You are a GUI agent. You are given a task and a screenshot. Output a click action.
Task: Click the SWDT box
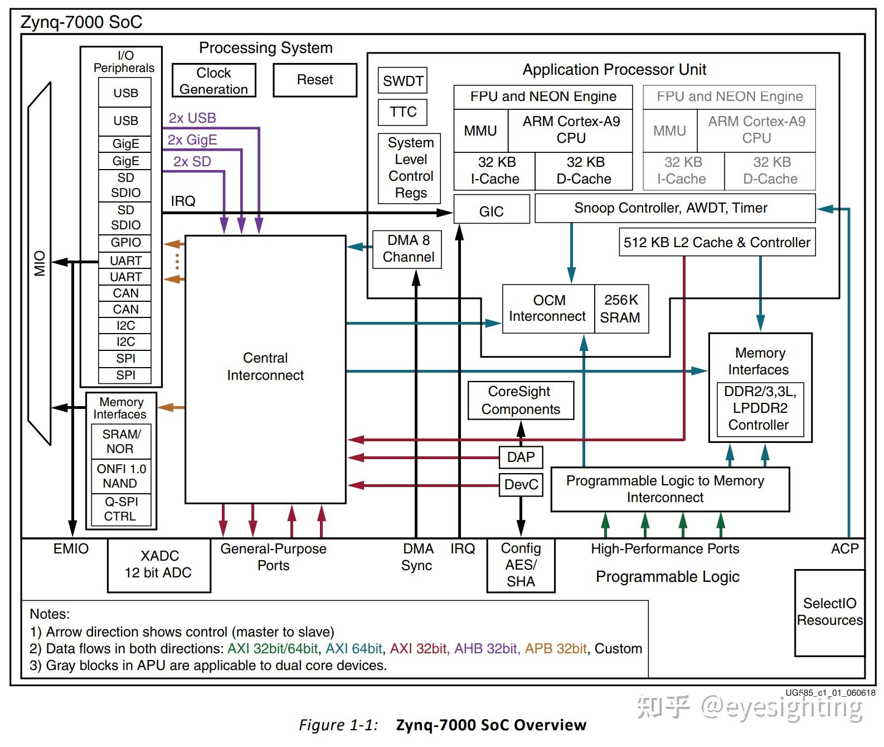tap(402, 80)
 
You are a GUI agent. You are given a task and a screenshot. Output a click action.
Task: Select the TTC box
tap(402, 112)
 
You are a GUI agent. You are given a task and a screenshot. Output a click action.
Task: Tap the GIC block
tap(491, 209)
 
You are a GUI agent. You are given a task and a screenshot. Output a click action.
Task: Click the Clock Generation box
tap(213, 80)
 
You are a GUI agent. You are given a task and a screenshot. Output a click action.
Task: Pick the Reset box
tap(314, 80)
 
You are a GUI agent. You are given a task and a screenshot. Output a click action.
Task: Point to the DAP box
tap(521, 457)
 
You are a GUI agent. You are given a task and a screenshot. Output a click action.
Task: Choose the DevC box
tap(521, 485)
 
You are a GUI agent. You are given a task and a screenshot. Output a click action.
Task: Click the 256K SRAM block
tap(621, 309)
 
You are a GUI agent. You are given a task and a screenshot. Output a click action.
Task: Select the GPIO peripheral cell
tap(125, 243)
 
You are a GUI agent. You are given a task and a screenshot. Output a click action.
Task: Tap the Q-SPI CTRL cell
tap(120, 509)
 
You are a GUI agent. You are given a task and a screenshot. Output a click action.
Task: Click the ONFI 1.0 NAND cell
tap(120, 476)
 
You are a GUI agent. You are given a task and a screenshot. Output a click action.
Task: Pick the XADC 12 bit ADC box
tap(159, 565)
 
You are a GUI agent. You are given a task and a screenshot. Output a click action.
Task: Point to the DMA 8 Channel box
tap(407, 249)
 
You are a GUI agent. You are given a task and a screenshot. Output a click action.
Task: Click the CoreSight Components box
tap(521, 401)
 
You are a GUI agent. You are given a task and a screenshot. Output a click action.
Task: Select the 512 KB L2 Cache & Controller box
tap(717, 242)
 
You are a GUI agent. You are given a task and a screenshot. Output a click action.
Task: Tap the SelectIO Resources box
tap(829, 612)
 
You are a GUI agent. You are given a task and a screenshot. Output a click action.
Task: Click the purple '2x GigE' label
tap(192, 139)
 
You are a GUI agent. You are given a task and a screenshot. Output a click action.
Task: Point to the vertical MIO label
tap(40, 263)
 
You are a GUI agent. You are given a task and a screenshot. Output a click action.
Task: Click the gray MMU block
tap(669, 131)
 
